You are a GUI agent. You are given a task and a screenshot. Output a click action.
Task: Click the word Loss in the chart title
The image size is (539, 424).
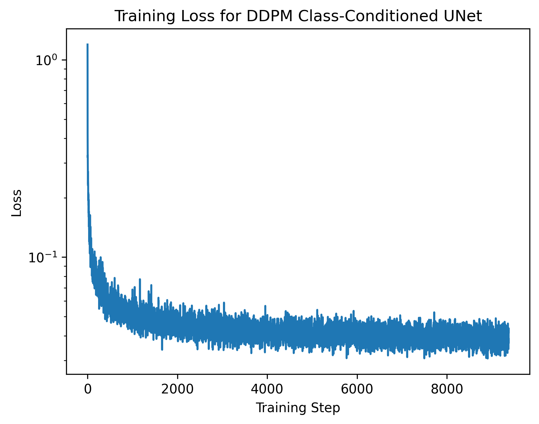pos(201,16)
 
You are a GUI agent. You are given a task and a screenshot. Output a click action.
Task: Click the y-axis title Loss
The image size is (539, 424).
pos(17,203)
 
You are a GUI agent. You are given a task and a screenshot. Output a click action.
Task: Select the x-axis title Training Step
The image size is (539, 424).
pos(298,408)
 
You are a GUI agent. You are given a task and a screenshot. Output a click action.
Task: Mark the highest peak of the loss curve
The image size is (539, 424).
pos(87,44)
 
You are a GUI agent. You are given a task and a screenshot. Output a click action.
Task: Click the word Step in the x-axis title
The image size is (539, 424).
pos(328,408)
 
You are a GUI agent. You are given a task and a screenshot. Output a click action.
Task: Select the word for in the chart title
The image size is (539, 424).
pos(230,16)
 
